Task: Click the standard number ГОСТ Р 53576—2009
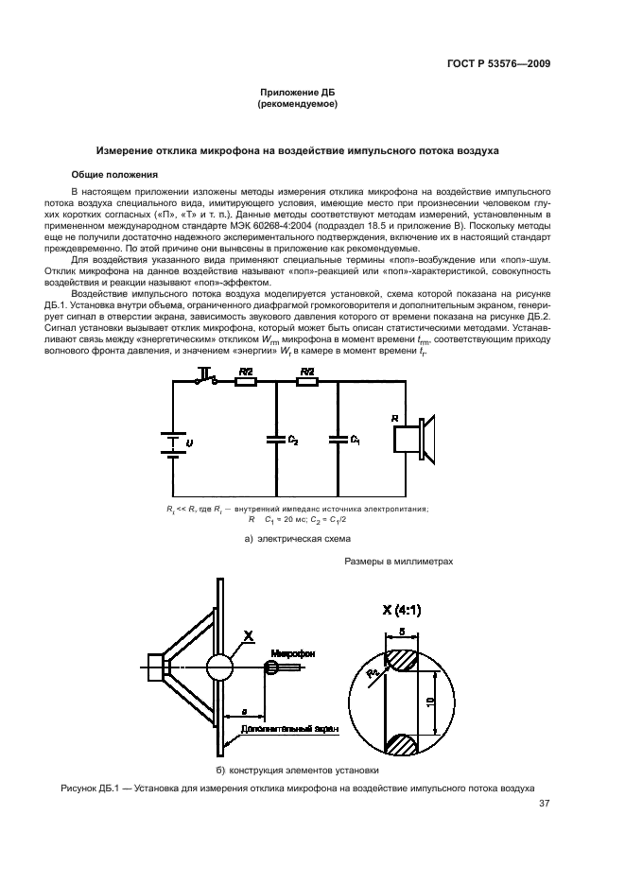coord(497,64)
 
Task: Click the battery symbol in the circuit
coord(171,442)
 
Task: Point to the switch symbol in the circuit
coord(205,380)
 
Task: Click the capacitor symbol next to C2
coord(276,438)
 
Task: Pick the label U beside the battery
coord(188,441)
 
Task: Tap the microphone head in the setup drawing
coord(273,667)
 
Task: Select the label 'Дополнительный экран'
coord(272,730)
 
